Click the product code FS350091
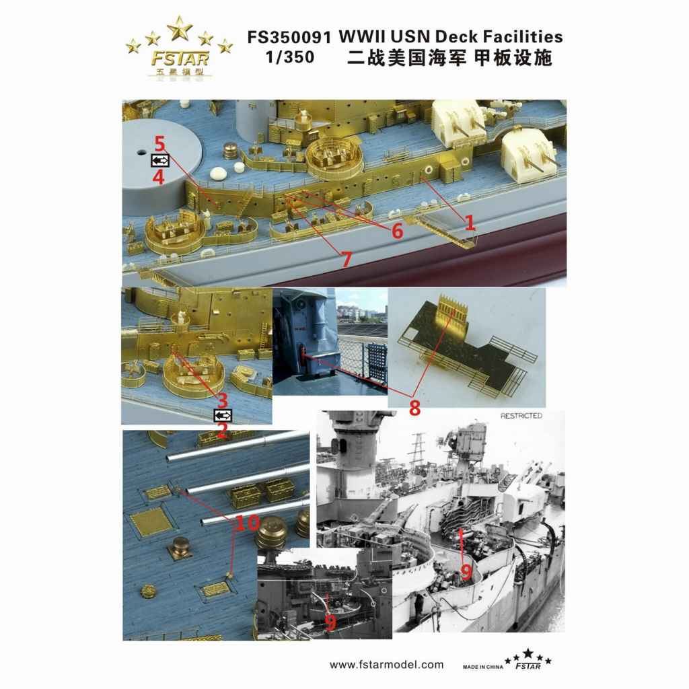click(289, 38)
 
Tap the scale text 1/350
click(291, 57)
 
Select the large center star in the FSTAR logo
click(179, 29)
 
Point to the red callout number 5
click(159, 144)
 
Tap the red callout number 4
click(158, 177)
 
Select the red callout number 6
click(397, 231)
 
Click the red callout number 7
click(347, 259)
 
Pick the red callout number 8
click(414, 407)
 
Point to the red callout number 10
click(248, 523)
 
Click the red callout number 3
click(223, 400)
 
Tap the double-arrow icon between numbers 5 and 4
click(160, 161)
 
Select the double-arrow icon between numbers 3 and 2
click(223, 415)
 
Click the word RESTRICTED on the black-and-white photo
click(521, 416)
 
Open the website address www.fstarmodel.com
click(387, 664)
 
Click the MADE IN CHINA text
click(483, 667)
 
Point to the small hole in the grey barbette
click(141, 152)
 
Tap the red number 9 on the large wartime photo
click(466, 572)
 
